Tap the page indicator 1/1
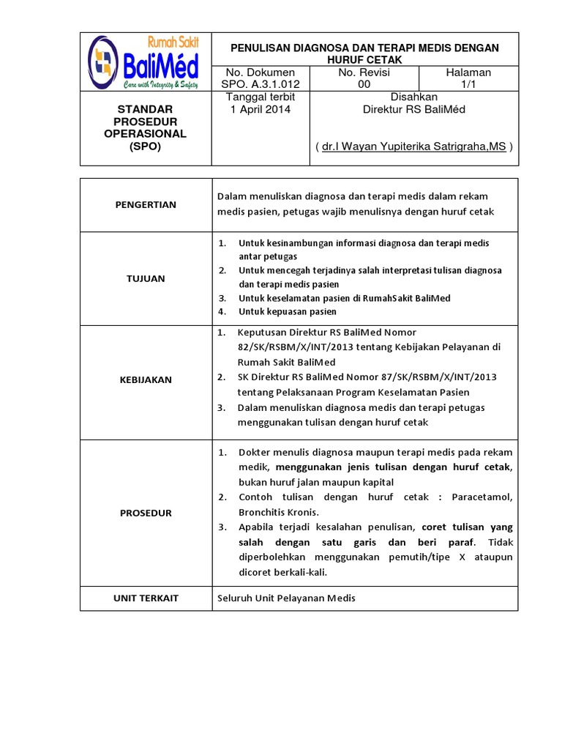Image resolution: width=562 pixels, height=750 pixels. click(468, 84)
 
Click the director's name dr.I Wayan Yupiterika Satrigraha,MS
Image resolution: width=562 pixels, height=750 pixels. click(414, 146)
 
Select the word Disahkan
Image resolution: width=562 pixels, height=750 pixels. click(414, 97)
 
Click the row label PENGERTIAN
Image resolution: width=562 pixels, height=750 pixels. click(146, 205)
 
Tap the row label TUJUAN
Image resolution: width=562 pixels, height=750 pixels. click(146, 278)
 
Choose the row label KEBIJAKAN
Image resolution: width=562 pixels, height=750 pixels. click(146, 379)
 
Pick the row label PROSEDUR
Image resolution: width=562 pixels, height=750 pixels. click(146, 513)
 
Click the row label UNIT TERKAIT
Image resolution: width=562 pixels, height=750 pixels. click(146, 598)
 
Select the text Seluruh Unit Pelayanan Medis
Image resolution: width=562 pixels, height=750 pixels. click(286, 598)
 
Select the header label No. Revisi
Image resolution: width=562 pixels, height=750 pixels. click(364, 73)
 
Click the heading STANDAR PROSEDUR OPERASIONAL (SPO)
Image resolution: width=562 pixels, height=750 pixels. click(146, 128)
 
